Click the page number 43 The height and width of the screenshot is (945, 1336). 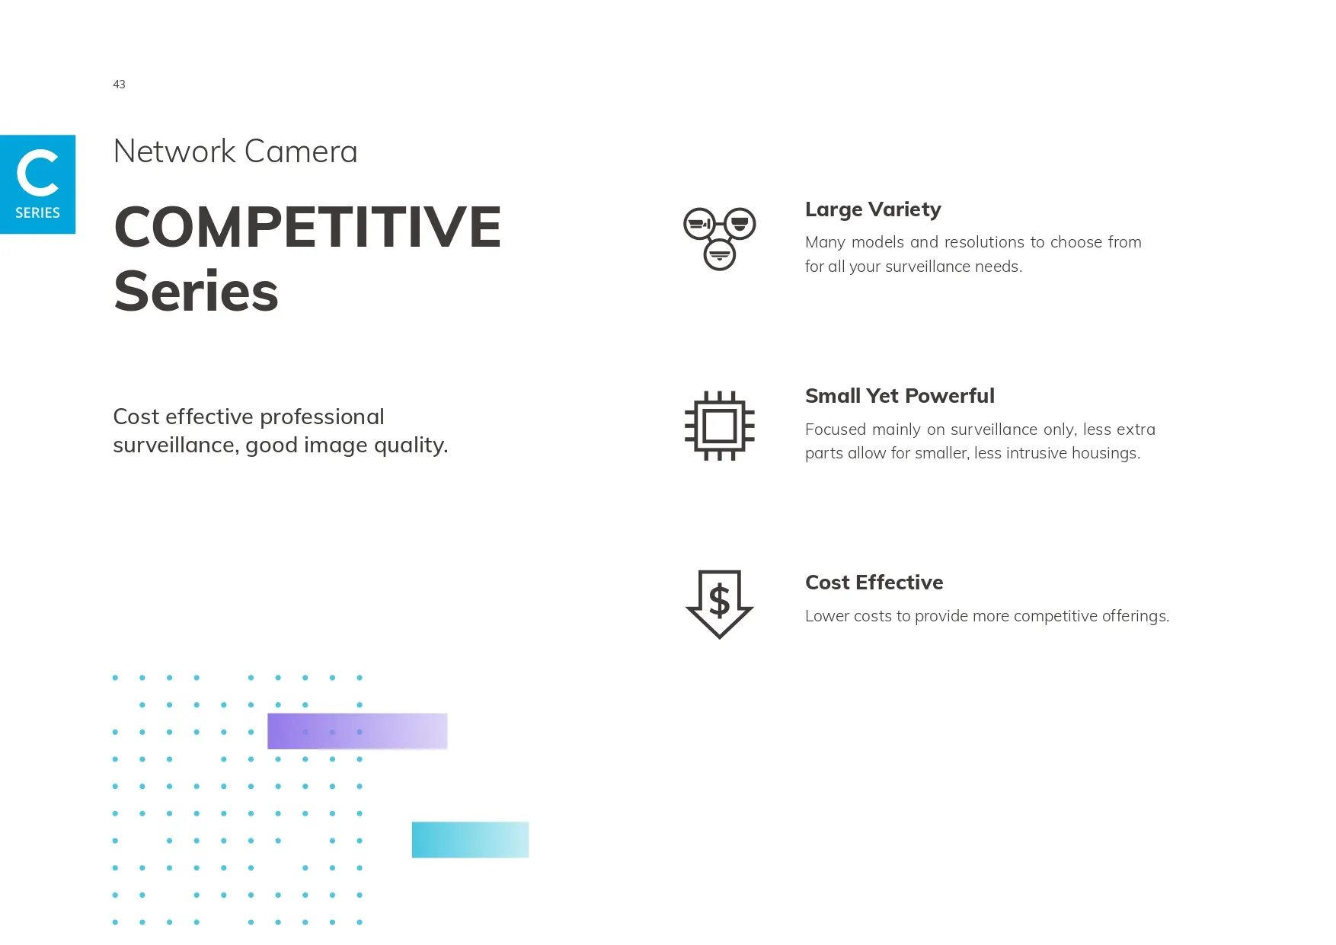coord(119,85)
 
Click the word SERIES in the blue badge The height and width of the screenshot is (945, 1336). coord(37,212)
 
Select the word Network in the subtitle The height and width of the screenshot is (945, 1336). coord(174,152)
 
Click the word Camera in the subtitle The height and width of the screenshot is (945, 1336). coord(301,152)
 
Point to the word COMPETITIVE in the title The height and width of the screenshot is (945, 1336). coord(308,227)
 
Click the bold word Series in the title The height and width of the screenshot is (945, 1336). coord(197,292)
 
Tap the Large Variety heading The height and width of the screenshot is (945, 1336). coord(873,209)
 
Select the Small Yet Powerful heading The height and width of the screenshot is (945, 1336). coord(900,396)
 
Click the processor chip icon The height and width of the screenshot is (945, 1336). coord(720,426)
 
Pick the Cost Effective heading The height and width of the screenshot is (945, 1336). coord(874,583)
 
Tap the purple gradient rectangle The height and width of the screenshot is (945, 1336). coord(357,731)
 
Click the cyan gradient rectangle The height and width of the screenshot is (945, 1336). coord(470,840)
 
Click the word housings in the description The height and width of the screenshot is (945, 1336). coord(1105,454)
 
